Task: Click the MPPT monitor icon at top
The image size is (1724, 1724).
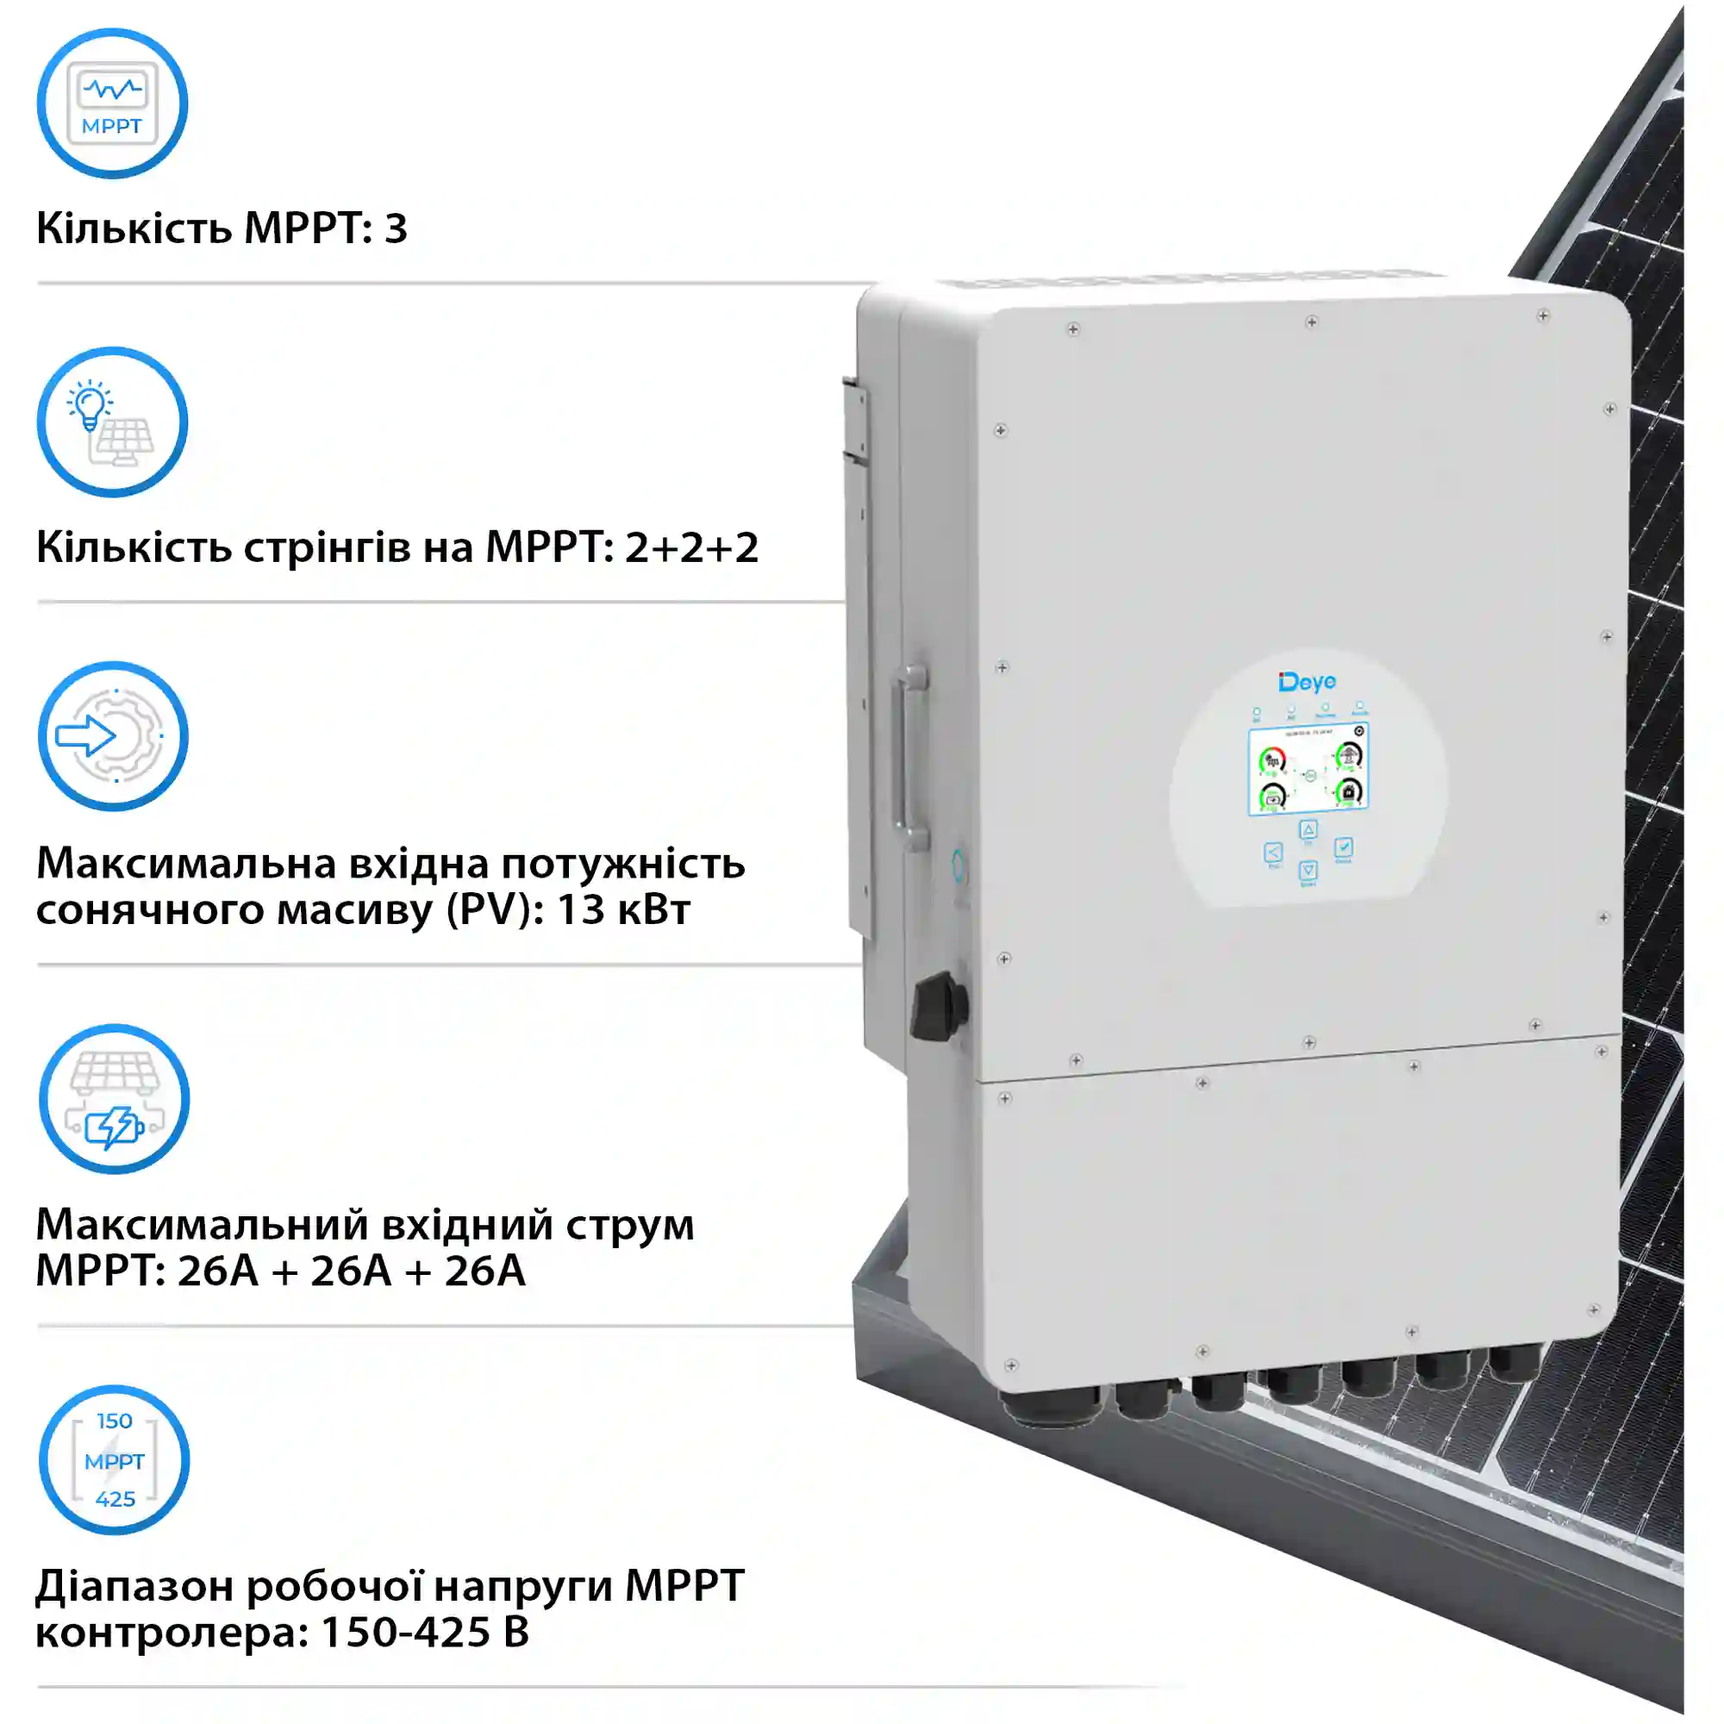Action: point(111,103)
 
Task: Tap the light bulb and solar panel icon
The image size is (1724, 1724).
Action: point(111,422)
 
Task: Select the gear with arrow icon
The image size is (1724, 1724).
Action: point(112,736)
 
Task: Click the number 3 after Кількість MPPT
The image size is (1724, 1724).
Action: point(396,228)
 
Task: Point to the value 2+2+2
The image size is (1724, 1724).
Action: point(690,547)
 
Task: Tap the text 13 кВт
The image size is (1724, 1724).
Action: point(623,910)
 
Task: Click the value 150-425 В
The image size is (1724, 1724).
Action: point(424,1632)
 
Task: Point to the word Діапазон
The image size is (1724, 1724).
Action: point(134,1587)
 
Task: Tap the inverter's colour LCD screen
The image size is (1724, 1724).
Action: point(1309,769)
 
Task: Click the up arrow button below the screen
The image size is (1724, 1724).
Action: point(1308,830)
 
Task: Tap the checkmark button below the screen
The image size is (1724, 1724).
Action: point(1343,846)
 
